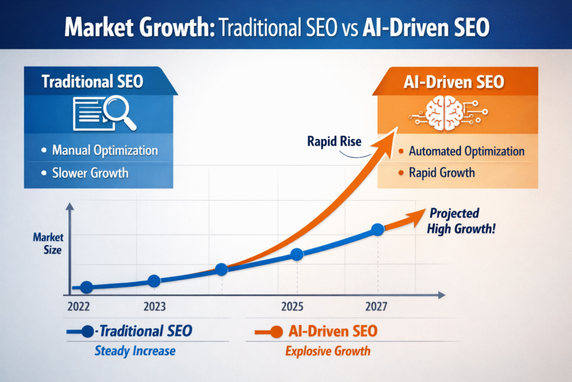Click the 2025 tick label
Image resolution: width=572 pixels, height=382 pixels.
coord(292,306)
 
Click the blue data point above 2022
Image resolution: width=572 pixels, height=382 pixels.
coord(87,287)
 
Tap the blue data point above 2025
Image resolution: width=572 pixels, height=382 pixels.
coord(297,254)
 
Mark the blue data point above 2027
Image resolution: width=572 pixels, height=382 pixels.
coord(378,229)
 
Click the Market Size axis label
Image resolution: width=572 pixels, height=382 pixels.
coord(48,244)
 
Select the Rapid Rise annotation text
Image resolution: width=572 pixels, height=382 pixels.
coord(334,142)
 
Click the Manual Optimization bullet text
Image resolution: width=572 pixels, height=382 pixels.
coord(104,150)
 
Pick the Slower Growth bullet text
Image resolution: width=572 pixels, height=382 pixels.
coord(90,172)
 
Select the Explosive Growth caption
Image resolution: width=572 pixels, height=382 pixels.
coord(328,351)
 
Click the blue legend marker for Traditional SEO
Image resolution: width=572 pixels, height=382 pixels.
coord(87,331)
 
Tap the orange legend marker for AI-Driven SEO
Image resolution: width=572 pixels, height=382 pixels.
coord(274,331)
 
